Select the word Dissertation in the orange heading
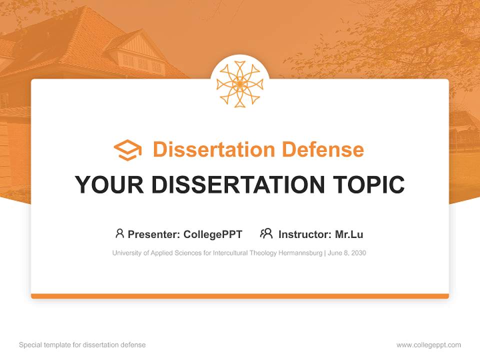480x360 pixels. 214,149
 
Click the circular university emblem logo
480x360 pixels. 239,84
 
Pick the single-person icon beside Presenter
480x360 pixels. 119,233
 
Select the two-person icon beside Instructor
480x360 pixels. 266,233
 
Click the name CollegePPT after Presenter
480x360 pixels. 213,234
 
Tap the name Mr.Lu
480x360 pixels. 349,234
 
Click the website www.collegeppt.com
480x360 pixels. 428,345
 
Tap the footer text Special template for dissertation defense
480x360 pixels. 82,345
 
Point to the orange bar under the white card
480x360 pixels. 240,296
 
